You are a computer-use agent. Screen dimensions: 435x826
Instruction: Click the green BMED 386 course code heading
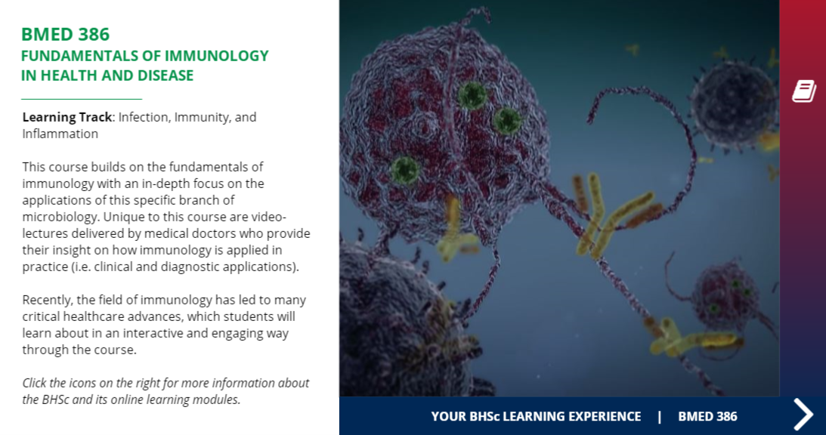65,34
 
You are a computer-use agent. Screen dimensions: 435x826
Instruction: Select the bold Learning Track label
67,117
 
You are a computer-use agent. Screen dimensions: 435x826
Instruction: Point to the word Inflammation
60,134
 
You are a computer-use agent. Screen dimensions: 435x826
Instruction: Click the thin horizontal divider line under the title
82,99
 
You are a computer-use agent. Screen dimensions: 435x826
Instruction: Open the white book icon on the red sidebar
803,91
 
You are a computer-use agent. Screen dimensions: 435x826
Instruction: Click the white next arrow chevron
803,414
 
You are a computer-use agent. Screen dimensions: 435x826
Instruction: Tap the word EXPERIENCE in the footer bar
600,416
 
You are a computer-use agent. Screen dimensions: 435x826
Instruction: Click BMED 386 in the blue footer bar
707,416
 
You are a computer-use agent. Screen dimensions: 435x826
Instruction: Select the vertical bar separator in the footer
659,416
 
